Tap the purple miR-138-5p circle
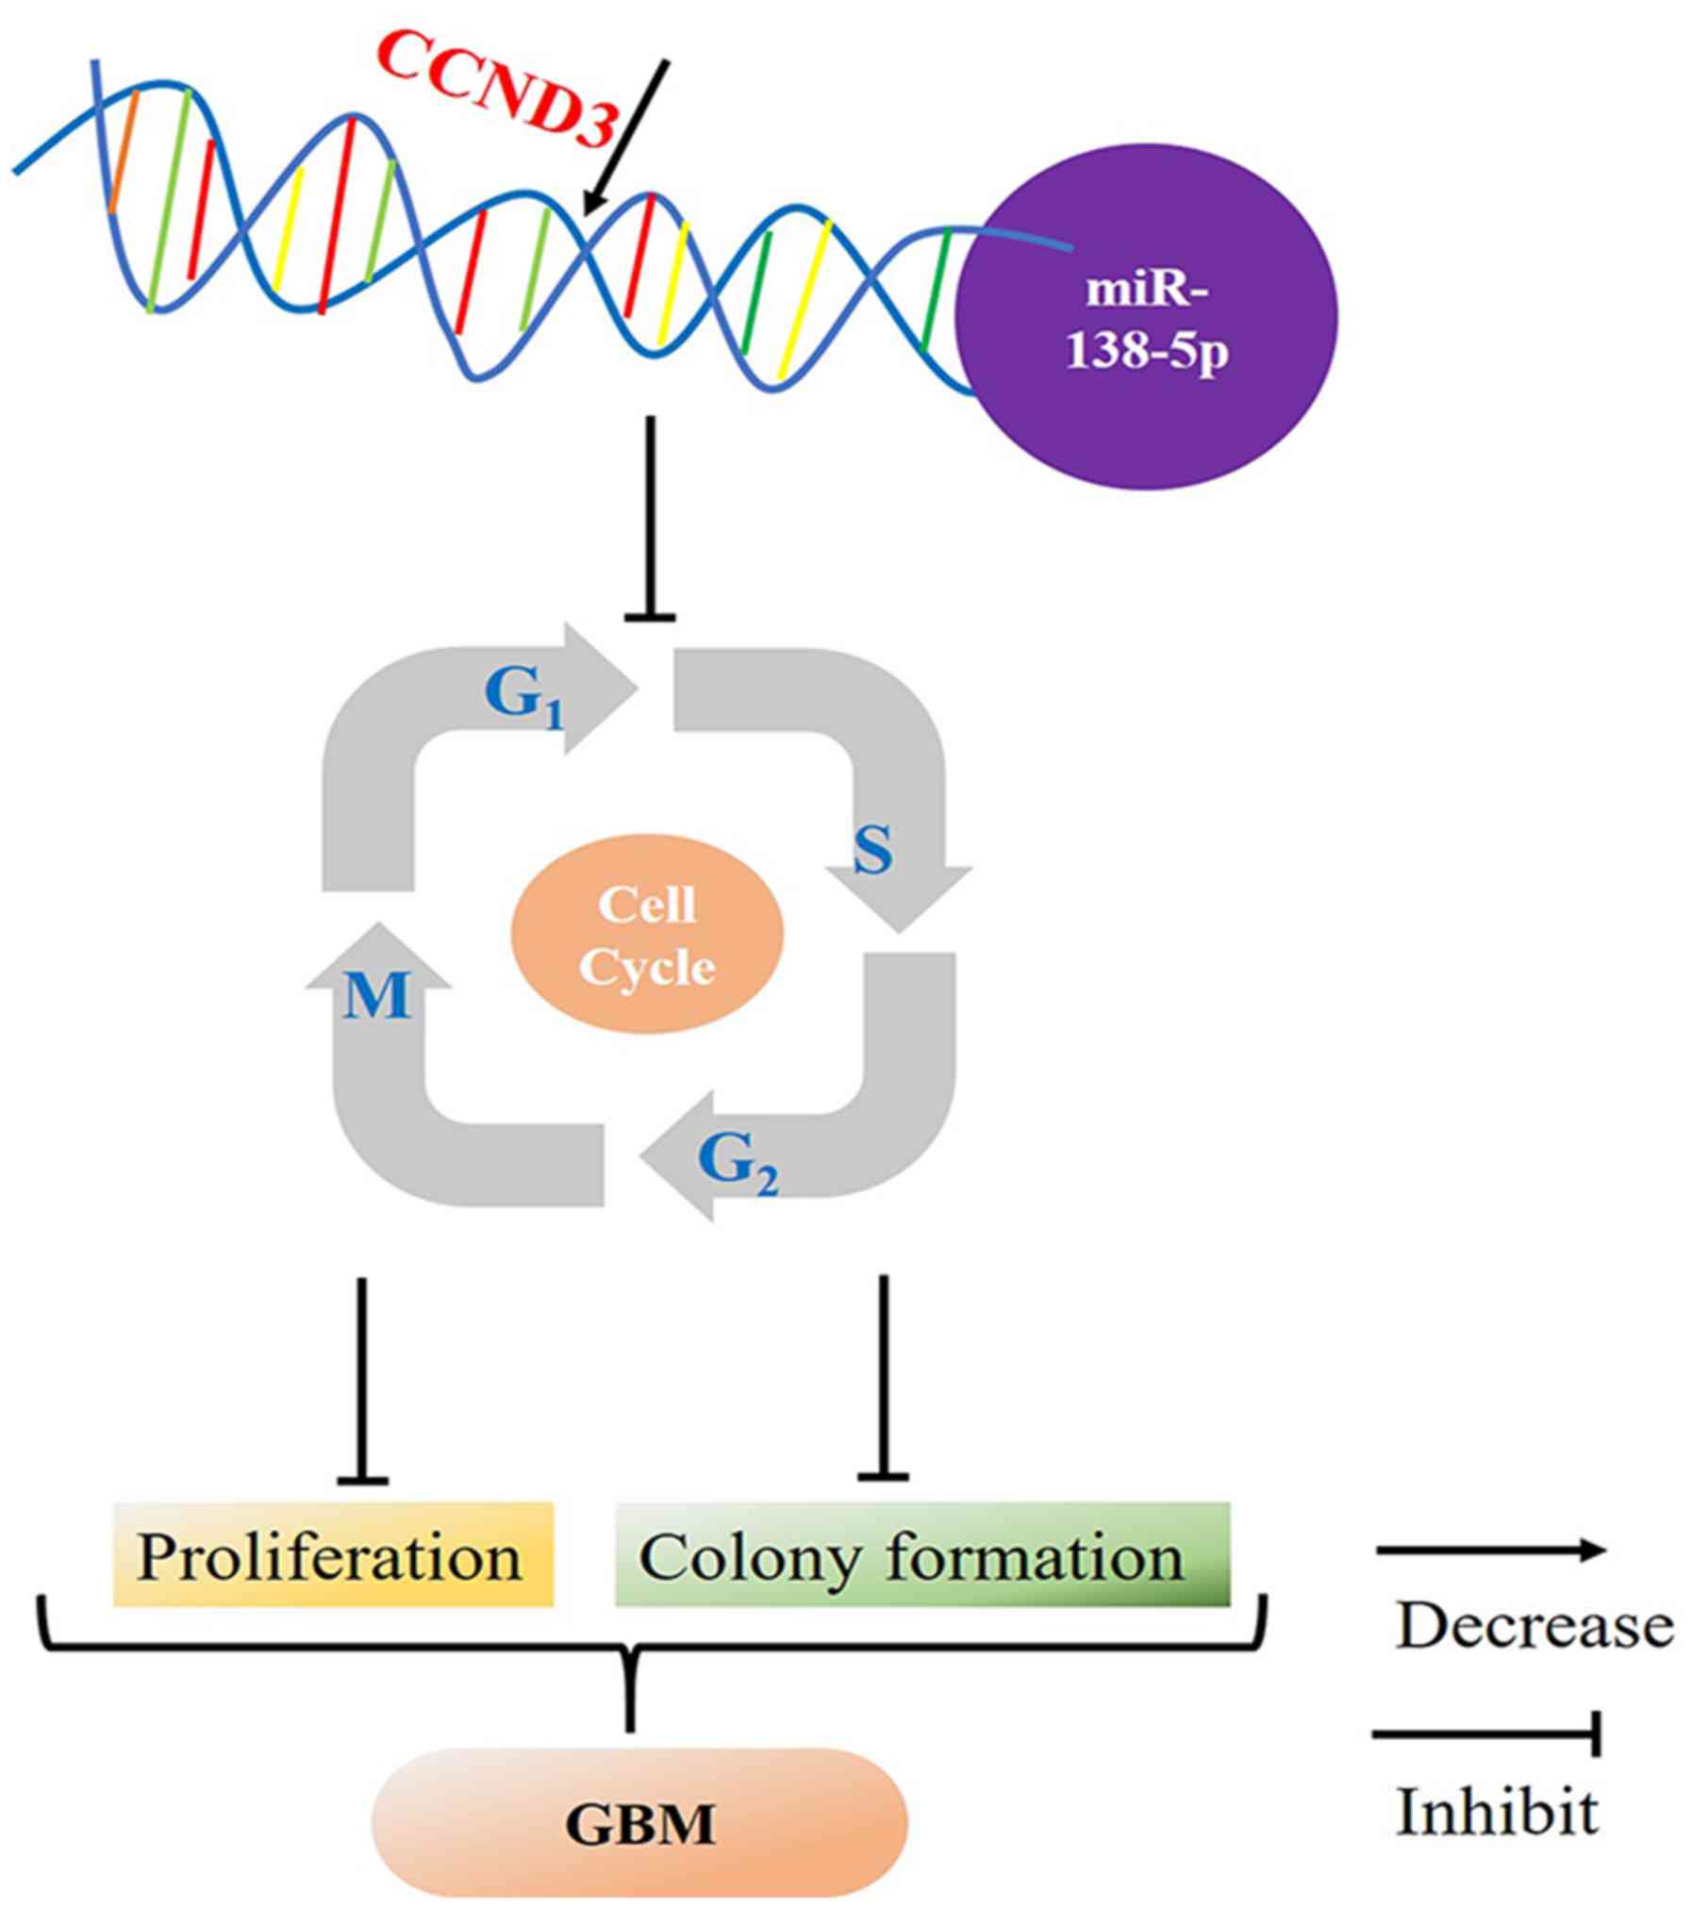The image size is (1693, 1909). (x=1146, y=316)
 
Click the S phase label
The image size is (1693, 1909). (x=871, y=852)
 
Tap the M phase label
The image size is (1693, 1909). (x=377, y=996)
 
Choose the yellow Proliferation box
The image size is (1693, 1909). (x=333, y=1554)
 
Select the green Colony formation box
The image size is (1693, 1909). (x=922, y=1554)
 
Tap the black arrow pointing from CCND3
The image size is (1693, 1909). (x=625, y=138)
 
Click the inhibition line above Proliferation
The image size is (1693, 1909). (x=361, y=1381)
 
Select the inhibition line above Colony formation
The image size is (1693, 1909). (x=884, y=1378)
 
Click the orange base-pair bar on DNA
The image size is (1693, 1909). (x=124, y=151)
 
